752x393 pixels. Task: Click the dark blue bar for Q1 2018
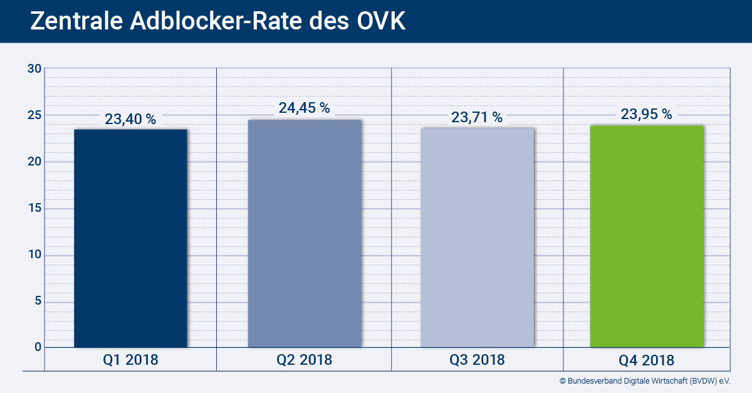click(x=130, y=238)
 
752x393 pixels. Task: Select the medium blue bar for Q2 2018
click(x=305, y=233)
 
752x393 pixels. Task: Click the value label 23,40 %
click(x=130, y=118)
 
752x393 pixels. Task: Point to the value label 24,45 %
click(x=305, y=108)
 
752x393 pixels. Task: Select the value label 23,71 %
click(x=477, y=117)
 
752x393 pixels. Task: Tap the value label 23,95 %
click(x=647, y=114)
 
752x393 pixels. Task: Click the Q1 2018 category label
click(x=130, y=360)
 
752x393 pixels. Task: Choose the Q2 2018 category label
click(x=305, y=360)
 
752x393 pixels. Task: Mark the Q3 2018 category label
click(x=477, y=360)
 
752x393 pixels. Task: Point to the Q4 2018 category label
click(x=647, y=360)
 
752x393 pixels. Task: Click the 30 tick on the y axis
click(x=34, y=68)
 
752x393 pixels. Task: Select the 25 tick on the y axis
click(x=34, y=115)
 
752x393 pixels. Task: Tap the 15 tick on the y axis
click(x=34, y=208)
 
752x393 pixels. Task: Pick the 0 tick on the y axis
click(x=38, y=347)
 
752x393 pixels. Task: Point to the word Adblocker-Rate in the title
click(x=216, y=21)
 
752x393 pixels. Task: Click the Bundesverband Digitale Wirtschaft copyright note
click(x=645, y=380)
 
